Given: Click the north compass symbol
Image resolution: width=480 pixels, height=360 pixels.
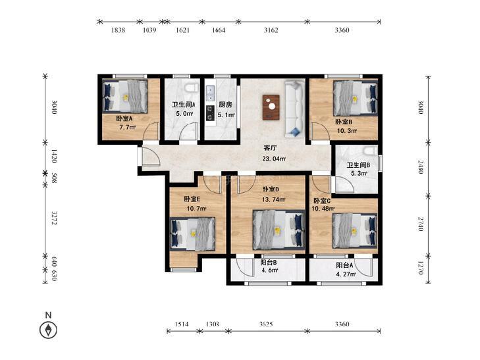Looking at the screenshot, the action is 48,330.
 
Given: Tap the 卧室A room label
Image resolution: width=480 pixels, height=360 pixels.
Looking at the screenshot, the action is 124,118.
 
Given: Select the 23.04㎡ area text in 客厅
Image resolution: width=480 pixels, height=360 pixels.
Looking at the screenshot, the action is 274,159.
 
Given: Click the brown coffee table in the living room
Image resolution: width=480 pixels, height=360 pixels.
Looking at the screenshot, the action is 271,107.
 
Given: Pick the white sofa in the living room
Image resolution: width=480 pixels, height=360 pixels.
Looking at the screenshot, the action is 295,109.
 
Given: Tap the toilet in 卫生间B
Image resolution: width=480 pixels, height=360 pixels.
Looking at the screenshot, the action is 371,151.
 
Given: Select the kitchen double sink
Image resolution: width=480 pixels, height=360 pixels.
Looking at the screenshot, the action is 210,93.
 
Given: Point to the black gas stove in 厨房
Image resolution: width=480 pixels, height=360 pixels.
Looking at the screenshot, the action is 210,113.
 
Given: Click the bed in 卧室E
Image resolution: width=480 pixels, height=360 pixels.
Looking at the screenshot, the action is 193,234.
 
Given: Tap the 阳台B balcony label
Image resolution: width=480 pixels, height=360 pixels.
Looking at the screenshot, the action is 269,263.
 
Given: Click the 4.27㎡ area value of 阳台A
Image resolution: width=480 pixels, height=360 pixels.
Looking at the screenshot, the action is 346,274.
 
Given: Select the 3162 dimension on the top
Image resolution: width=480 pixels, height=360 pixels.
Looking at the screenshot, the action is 271,30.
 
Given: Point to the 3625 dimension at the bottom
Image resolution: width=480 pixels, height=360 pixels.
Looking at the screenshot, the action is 266,324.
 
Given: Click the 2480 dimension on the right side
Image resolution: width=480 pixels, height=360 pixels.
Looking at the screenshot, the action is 421,167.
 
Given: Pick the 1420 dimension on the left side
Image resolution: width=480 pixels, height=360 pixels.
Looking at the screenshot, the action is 54,156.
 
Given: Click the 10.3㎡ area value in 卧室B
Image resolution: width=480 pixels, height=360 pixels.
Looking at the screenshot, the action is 346,131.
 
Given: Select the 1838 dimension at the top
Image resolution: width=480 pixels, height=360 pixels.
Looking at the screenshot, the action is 118,30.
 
